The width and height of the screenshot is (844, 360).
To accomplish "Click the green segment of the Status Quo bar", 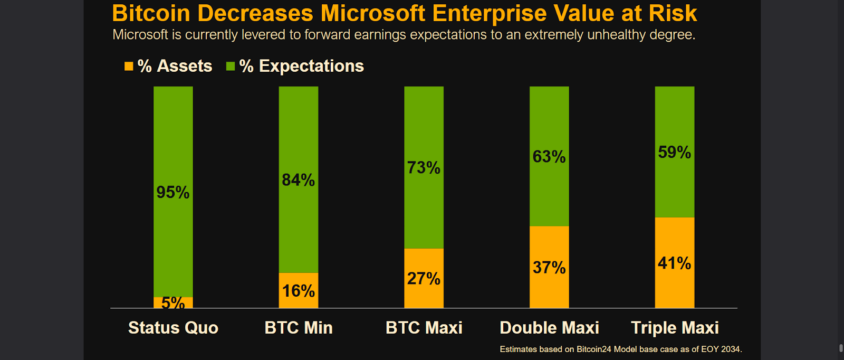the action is click(x=173, y=192).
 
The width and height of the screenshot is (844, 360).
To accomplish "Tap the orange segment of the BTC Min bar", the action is click(x=299, y=290).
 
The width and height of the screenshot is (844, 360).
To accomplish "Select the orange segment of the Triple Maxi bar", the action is click(x=675, y=263).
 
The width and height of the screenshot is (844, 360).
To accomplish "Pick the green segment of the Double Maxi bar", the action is click(x=549, y=156).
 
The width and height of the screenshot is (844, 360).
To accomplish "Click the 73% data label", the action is click(x=424, y=168).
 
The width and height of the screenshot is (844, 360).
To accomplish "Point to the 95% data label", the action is click(x=173, y=192).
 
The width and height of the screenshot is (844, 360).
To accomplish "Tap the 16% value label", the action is click(x=299, y=291).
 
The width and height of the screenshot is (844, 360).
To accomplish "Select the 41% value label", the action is click(x=675, y=263).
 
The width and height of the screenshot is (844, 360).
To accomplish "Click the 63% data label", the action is click(x=549, y=157).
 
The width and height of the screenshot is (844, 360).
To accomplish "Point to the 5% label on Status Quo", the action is click(x=173, y=302).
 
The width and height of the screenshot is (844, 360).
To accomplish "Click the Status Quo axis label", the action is click(x=174, y=328).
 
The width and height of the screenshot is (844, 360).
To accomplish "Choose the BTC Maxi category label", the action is click(x=424, y=328).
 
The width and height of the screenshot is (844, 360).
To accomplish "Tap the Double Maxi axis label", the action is click(x=549, y=328).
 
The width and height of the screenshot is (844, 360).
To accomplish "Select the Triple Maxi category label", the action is click(x=675, y=328).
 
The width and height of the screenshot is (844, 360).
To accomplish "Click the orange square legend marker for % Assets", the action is click(x=129, y=67).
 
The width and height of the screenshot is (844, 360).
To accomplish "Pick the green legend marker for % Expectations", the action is click(x=231, y=67).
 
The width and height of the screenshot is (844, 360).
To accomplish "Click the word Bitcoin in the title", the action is click(x=151, y=13).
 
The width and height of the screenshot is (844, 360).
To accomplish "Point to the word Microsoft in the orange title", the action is click(x=373, y=13).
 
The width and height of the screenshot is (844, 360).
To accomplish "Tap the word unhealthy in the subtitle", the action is click(x=617, y=35).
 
